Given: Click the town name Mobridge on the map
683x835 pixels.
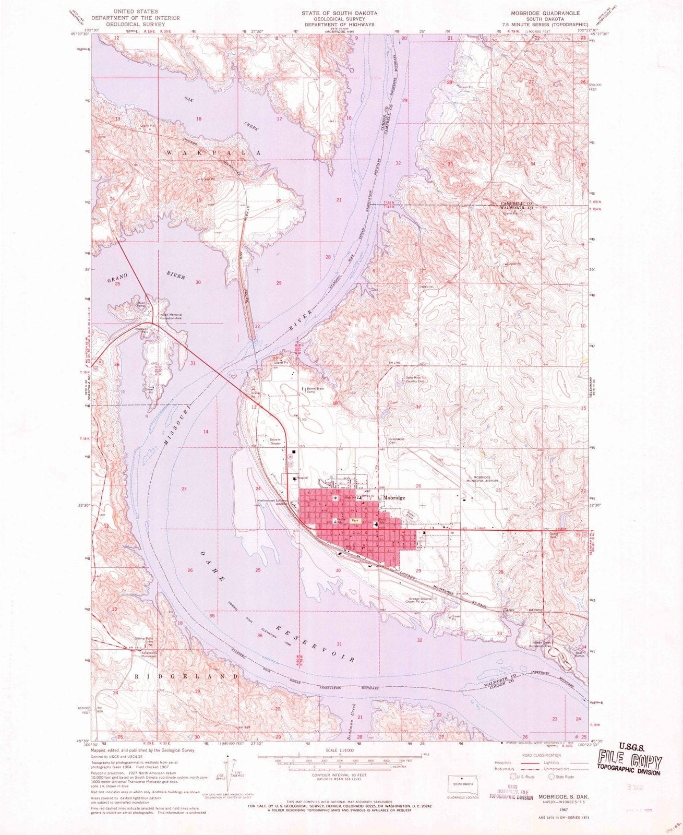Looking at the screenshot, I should tap(394, 498).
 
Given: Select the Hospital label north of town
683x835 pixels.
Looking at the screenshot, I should tap(302, 478).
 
